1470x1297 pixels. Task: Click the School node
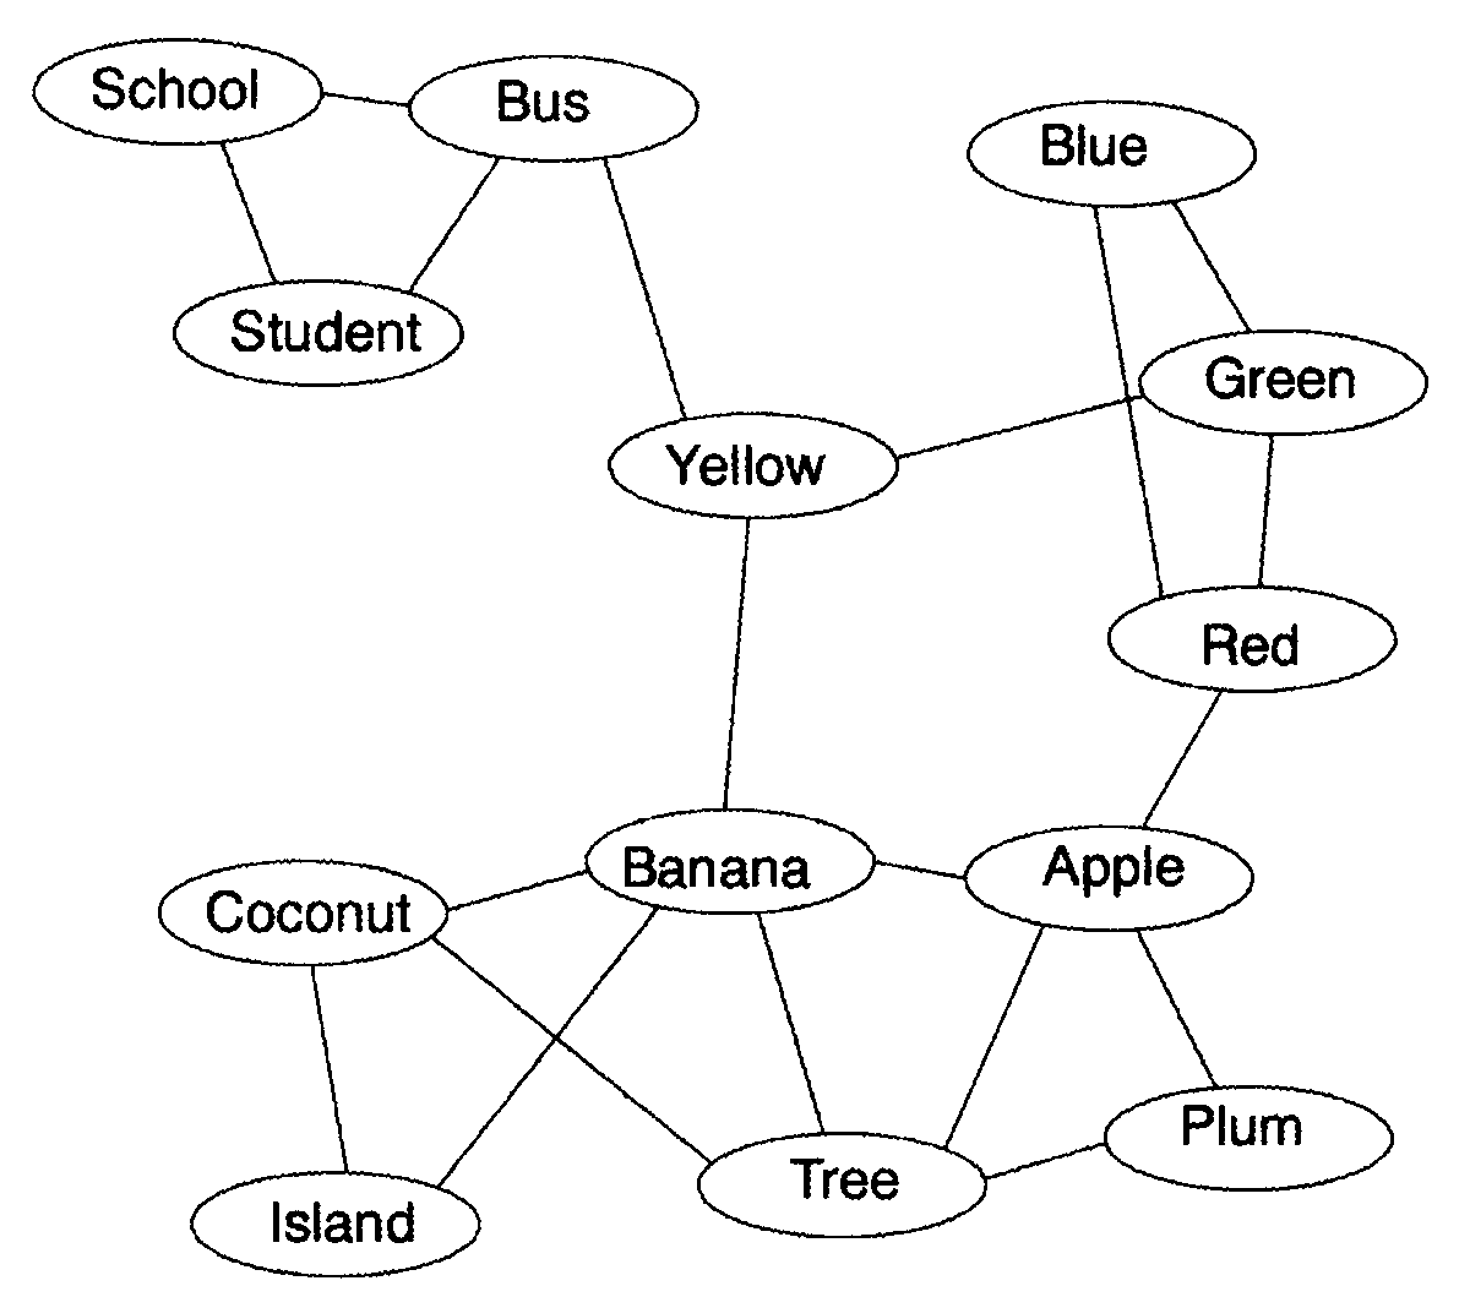point(177,91)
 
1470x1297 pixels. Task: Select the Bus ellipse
point(552,108)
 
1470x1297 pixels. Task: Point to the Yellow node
point(753,465)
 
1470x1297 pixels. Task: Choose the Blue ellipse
point(1110,152)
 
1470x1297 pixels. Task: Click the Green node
point(1283,382)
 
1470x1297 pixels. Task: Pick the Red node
point(1251,640)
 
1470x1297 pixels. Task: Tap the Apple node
point(1107,876)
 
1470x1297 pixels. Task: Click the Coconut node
point(303,912)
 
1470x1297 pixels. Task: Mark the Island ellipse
point(335,1224)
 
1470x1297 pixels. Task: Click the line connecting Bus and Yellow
point(644,288)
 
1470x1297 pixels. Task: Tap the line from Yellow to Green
point(1017,426)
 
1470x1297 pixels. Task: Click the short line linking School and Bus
point(364,99)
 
